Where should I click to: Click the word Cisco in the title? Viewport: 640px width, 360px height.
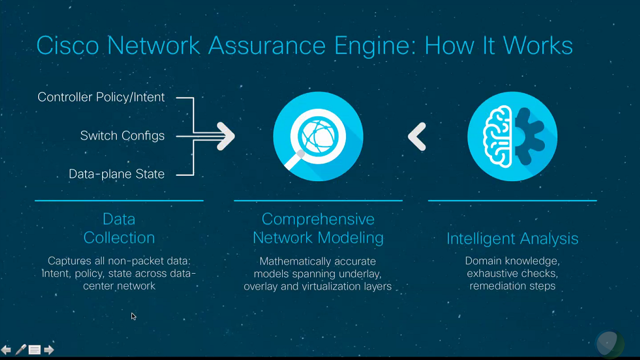[67, 45]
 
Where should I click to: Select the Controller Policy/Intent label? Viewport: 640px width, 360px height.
[101, 97]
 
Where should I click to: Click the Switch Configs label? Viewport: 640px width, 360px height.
[122, 136]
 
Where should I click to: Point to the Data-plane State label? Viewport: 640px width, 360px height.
[116, 174]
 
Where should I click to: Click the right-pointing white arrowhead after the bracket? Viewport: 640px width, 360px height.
[226, 137]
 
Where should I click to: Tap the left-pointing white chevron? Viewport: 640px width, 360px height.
[416, 137]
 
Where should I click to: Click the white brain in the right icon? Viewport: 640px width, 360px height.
[497, 137]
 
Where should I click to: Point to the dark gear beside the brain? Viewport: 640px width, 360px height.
[529, 137]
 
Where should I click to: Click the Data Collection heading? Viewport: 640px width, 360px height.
[119, 229]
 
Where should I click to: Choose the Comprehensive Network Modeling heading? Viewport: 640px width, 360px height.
[318, 229]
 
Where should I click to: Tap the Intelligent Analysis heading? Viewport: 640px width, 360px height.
[512, 239]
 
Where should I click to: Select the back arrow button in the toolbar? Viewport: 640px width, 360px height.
[6, 350]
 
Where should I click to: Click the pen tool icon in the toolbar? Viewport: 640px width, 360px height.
[21, 350]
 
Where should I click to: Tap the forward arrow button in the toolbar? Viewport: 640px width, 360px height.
[49, 350]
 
